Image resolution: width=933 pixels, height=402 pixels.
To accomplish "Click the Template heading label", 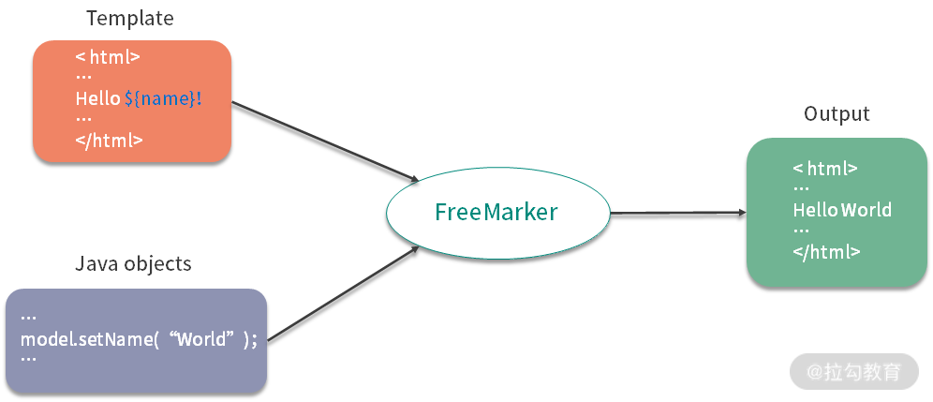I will tap(129, 19).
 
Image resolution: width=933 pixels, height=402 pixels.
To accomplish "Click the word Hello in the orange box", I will tap(97, 98).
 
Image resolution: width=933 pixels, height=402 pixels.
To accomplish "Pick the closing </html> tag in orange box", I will tap(110, 141).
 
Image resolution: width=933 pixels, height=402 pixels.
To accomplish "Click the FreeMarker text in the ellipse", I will tap(496, 212).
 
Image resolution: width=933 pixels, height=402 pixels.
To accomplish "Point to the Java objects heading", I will tap(133, 264).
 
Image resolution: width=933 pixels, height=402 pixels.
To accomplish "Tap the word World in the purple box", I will tap(201, 338).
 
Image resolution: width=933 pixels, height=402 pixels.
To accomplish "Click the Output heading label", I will tap(837, 113).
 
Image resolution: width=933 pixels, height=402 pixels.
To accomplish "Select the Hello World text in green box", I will tap(842, 210).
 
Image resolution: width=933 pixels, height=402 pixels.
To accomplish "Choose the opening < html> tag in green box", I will tap(825, 169).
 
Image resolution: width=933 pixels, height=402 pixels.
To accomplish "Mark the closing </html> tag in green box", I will tap(826, 251).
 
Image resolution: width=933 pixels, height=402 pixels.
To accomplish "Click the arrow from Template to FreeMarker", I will tap(323, 141).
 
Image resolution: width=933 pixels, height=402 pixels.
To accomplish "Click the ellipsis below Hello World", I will tap(801, 231).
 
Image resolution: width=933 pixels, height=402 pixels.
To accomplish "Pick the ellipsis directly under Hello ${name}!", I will tap(83, 120).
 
